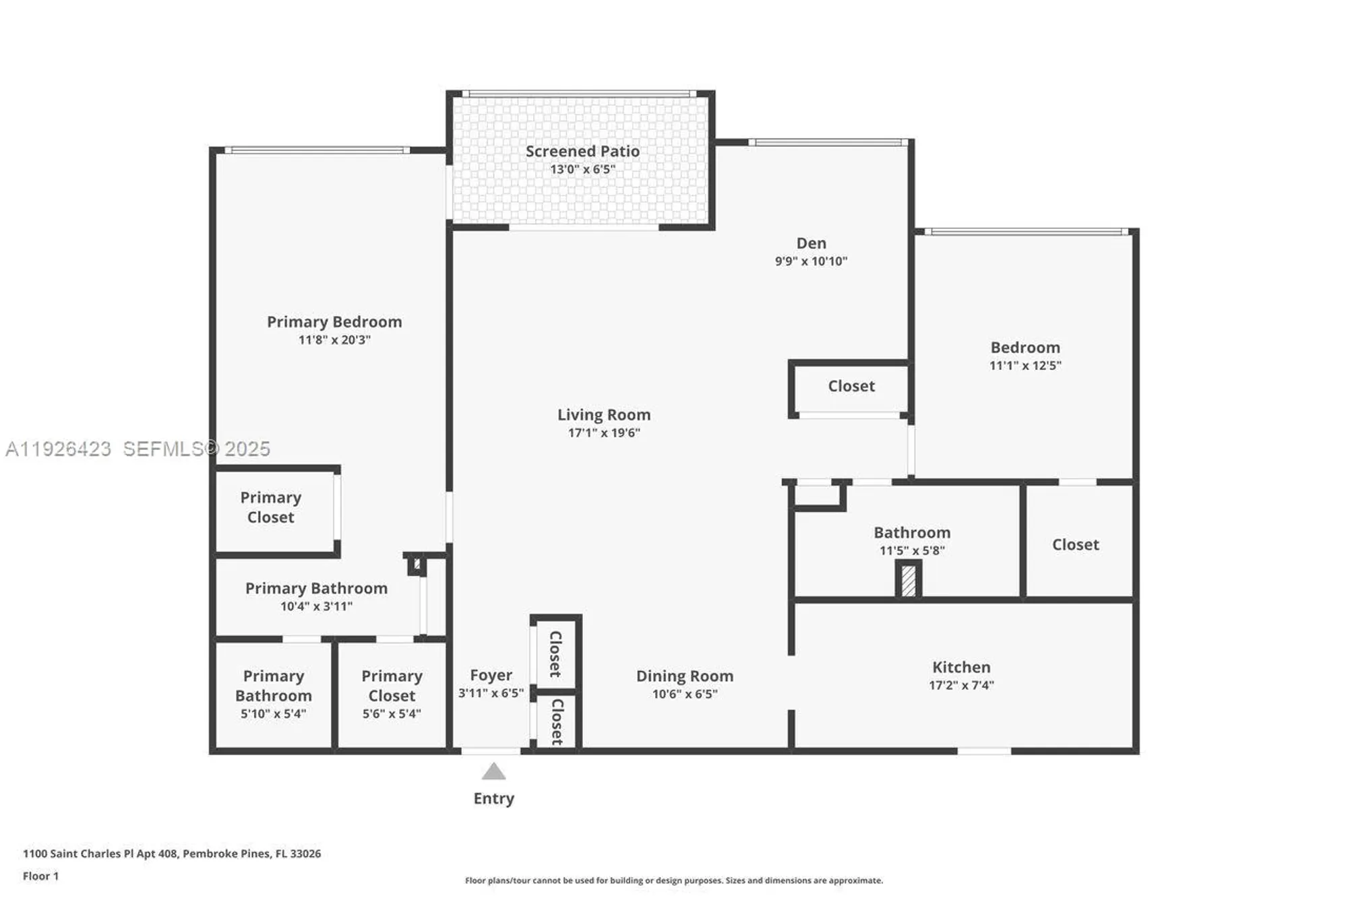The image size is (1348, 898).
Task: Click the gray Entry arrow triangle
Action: [493, 771]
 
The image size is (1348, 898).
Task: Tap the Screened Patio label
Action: [582, 152]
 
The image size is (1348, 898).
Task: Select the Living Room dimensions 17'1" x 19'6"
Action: [604, 432]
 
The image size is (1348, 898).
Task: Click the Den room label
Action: [811, 243]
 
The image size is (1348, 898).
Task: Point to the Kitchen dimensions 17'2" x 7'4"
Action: [961, 685]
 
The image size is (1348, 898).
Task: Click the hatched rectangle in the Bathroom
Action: [908, 580]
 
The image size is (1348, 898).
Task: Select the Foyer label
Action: [491, 675]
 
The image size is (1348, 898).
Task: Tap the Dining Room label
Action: [684, 676]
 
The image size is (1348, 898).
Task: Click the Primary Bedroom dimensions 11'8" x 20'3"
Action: [334, 340]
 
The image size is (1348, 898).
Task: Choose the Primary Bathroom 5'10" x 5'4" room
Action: [273, 695]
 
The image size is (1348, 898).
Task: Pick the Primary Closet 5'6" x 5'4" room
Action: [392, 695]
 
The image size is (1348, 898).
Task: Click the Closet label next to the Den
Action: [851, 386]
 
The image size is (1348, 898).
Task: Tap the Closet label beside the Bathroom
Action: [1075, 544]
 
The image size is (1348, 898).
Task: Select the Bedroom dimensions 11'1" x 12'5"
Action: [1024, 365]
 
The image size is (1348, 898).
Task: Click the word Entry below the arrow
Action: [493, 798]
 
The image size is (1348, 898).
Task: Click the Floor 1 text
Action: [40, 876]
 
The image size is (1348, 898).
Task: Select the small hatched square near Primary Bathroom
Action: [417, 564]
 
